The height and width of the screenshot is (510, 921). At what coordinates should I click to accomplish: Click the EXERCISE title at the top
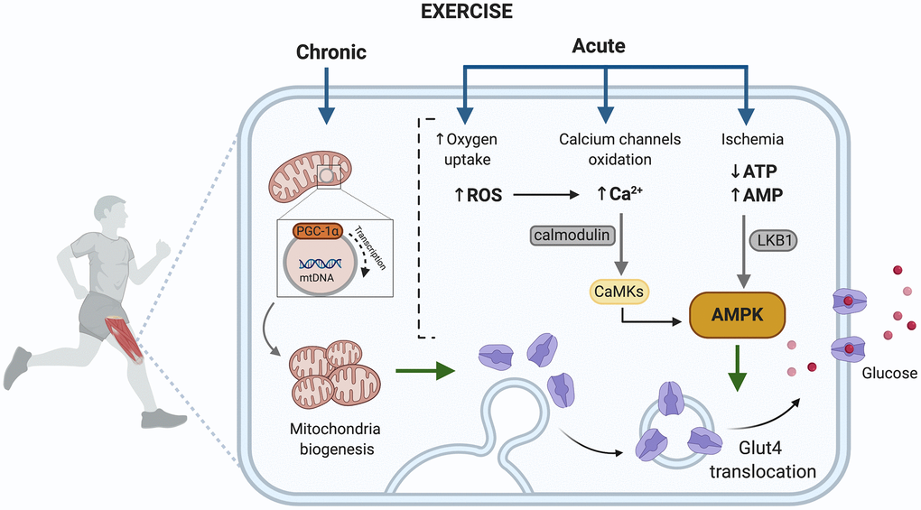coord(460,12)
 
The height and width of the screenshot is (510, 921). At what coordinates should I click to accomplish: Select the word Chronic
coord(331,52)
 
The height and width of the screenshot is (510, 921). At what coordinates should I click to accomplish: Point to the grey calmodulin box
coord(572,236)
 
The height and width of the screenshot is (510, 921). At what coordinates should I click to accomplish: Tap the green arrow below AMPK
coord(738,371)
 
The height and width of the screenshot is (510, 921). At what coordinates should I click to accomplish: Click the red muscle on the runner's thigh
coord(126,338)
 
